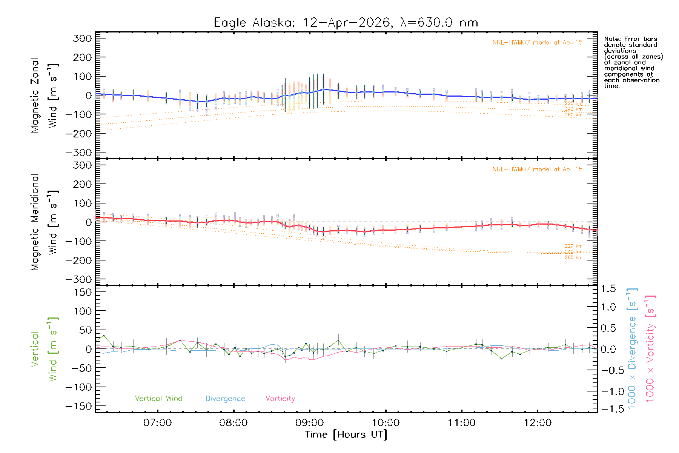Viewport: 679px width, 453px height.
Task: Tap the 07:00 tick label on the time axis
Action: click(157, 423)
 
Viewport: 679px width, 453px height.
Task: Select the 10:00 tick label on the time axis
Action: click(386, 423)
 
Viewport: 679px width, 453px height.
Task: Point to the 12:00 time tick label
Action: click(538, 423)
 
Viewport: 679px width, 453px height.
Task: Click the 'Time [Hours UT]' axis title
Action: click(346, 435)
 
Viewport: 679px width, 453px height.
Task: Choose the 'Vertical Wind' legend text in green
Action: click(158, 398)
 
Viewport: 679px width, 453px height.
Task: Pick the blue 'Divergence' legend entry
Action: click(225, 399)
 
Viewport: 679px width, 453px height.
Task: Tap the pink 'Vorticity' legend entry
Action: click(280, 398)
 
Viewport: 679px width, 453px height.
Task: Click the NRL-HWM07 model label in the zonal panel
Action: click(537, 43)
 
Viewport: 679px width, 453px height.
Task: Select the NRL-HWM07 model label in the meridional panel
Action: click(537, 169)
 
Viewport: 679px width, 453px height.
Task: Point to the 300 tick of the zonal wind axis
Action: click(83, 38)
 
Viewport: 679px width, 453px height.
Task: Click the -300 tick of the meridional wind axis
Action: click(78, 279)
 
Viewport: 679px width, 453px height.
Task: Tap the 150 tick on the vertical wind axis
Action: click(83, 292)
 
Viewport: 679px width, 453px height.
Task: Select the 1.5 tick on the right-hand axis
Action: click(608, 289)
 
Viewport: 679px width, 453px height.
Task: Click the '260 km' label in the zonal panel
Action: click(573, 115)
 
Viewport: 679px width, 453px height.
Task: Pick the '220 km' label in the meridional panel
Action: click(573, 246)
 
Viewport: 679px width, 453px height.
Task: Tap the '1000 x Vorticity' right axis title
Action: click(650, 348)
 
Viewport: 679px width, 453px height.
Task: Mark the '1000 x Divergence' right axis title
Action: click(632, 348)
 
